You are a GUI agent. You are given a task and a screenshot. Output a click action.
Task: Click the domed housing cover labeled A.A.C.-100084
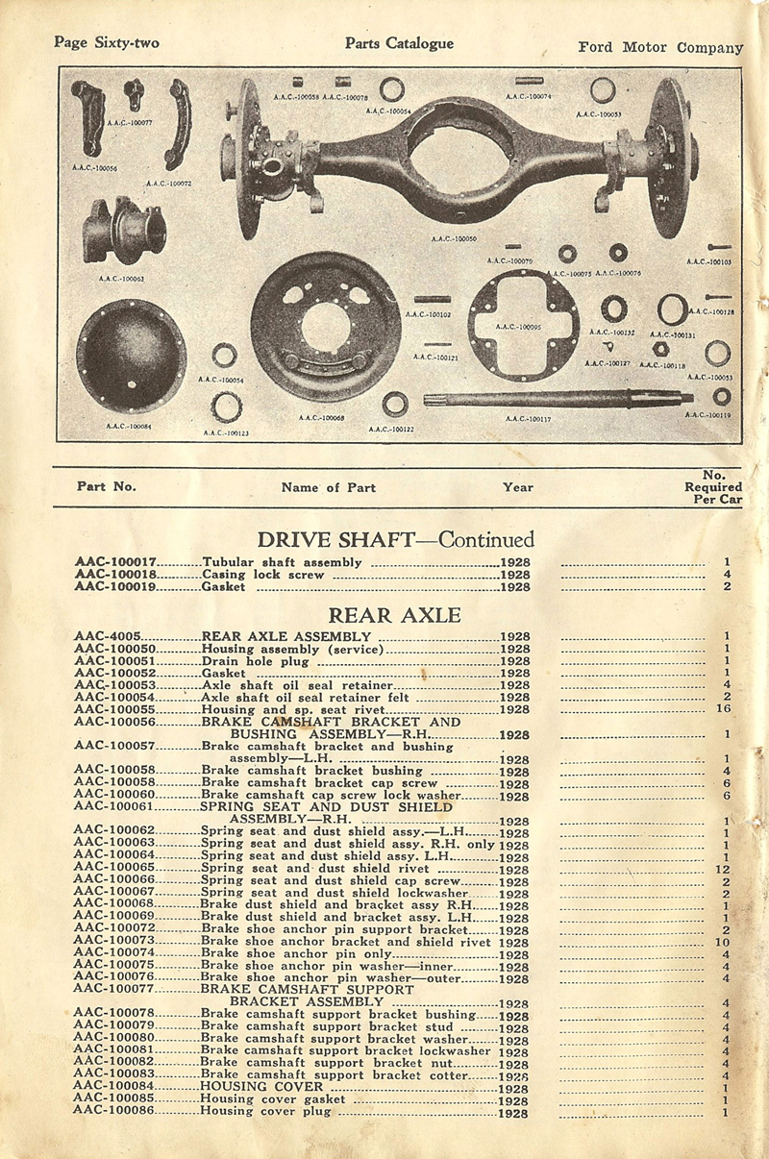tap(131, 355)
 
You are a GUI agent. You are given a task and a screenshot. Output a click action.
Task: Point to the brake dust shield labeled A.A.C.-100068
tap(325, 327)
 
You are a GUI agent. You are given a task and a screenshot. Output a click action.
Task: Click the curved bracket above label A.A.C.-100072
tap(177, 124)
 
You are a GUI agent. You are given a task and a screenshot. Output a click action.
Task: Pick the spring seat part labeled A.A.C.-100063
tap(123, 232)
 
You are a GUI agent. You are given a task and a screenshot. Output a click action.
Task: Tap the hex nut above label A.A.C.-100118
tap(660, 349)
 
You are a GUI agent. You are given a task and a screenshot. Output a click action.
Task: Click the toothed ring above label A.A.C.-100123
tap(226, 407)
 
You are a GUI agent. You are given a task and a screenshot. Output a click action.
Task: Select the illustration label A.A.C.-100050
tap(454, 238)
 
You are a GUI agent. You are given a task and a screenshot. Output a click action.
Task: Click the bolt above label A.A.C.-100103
tap(720, 248)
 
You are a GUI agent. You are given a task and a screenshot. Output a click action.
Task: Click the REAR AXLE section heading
tap(394, 615)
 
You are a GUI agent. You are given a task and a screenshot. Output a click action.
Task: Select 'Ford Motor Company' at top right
tap(660, 47)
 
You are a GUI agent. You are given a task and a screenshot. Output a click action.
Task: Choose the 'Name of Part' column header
tap(328, 487)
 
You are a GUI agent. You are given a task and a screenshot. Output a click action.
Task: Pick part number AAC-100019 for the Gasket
tap(115, 586)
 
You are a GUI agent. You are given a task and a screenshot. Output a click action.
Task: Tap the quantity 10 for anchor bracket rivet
tap(724, 942)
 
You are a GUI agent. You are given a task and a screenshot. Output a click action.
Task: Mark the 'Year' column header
tap(517, 487)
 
